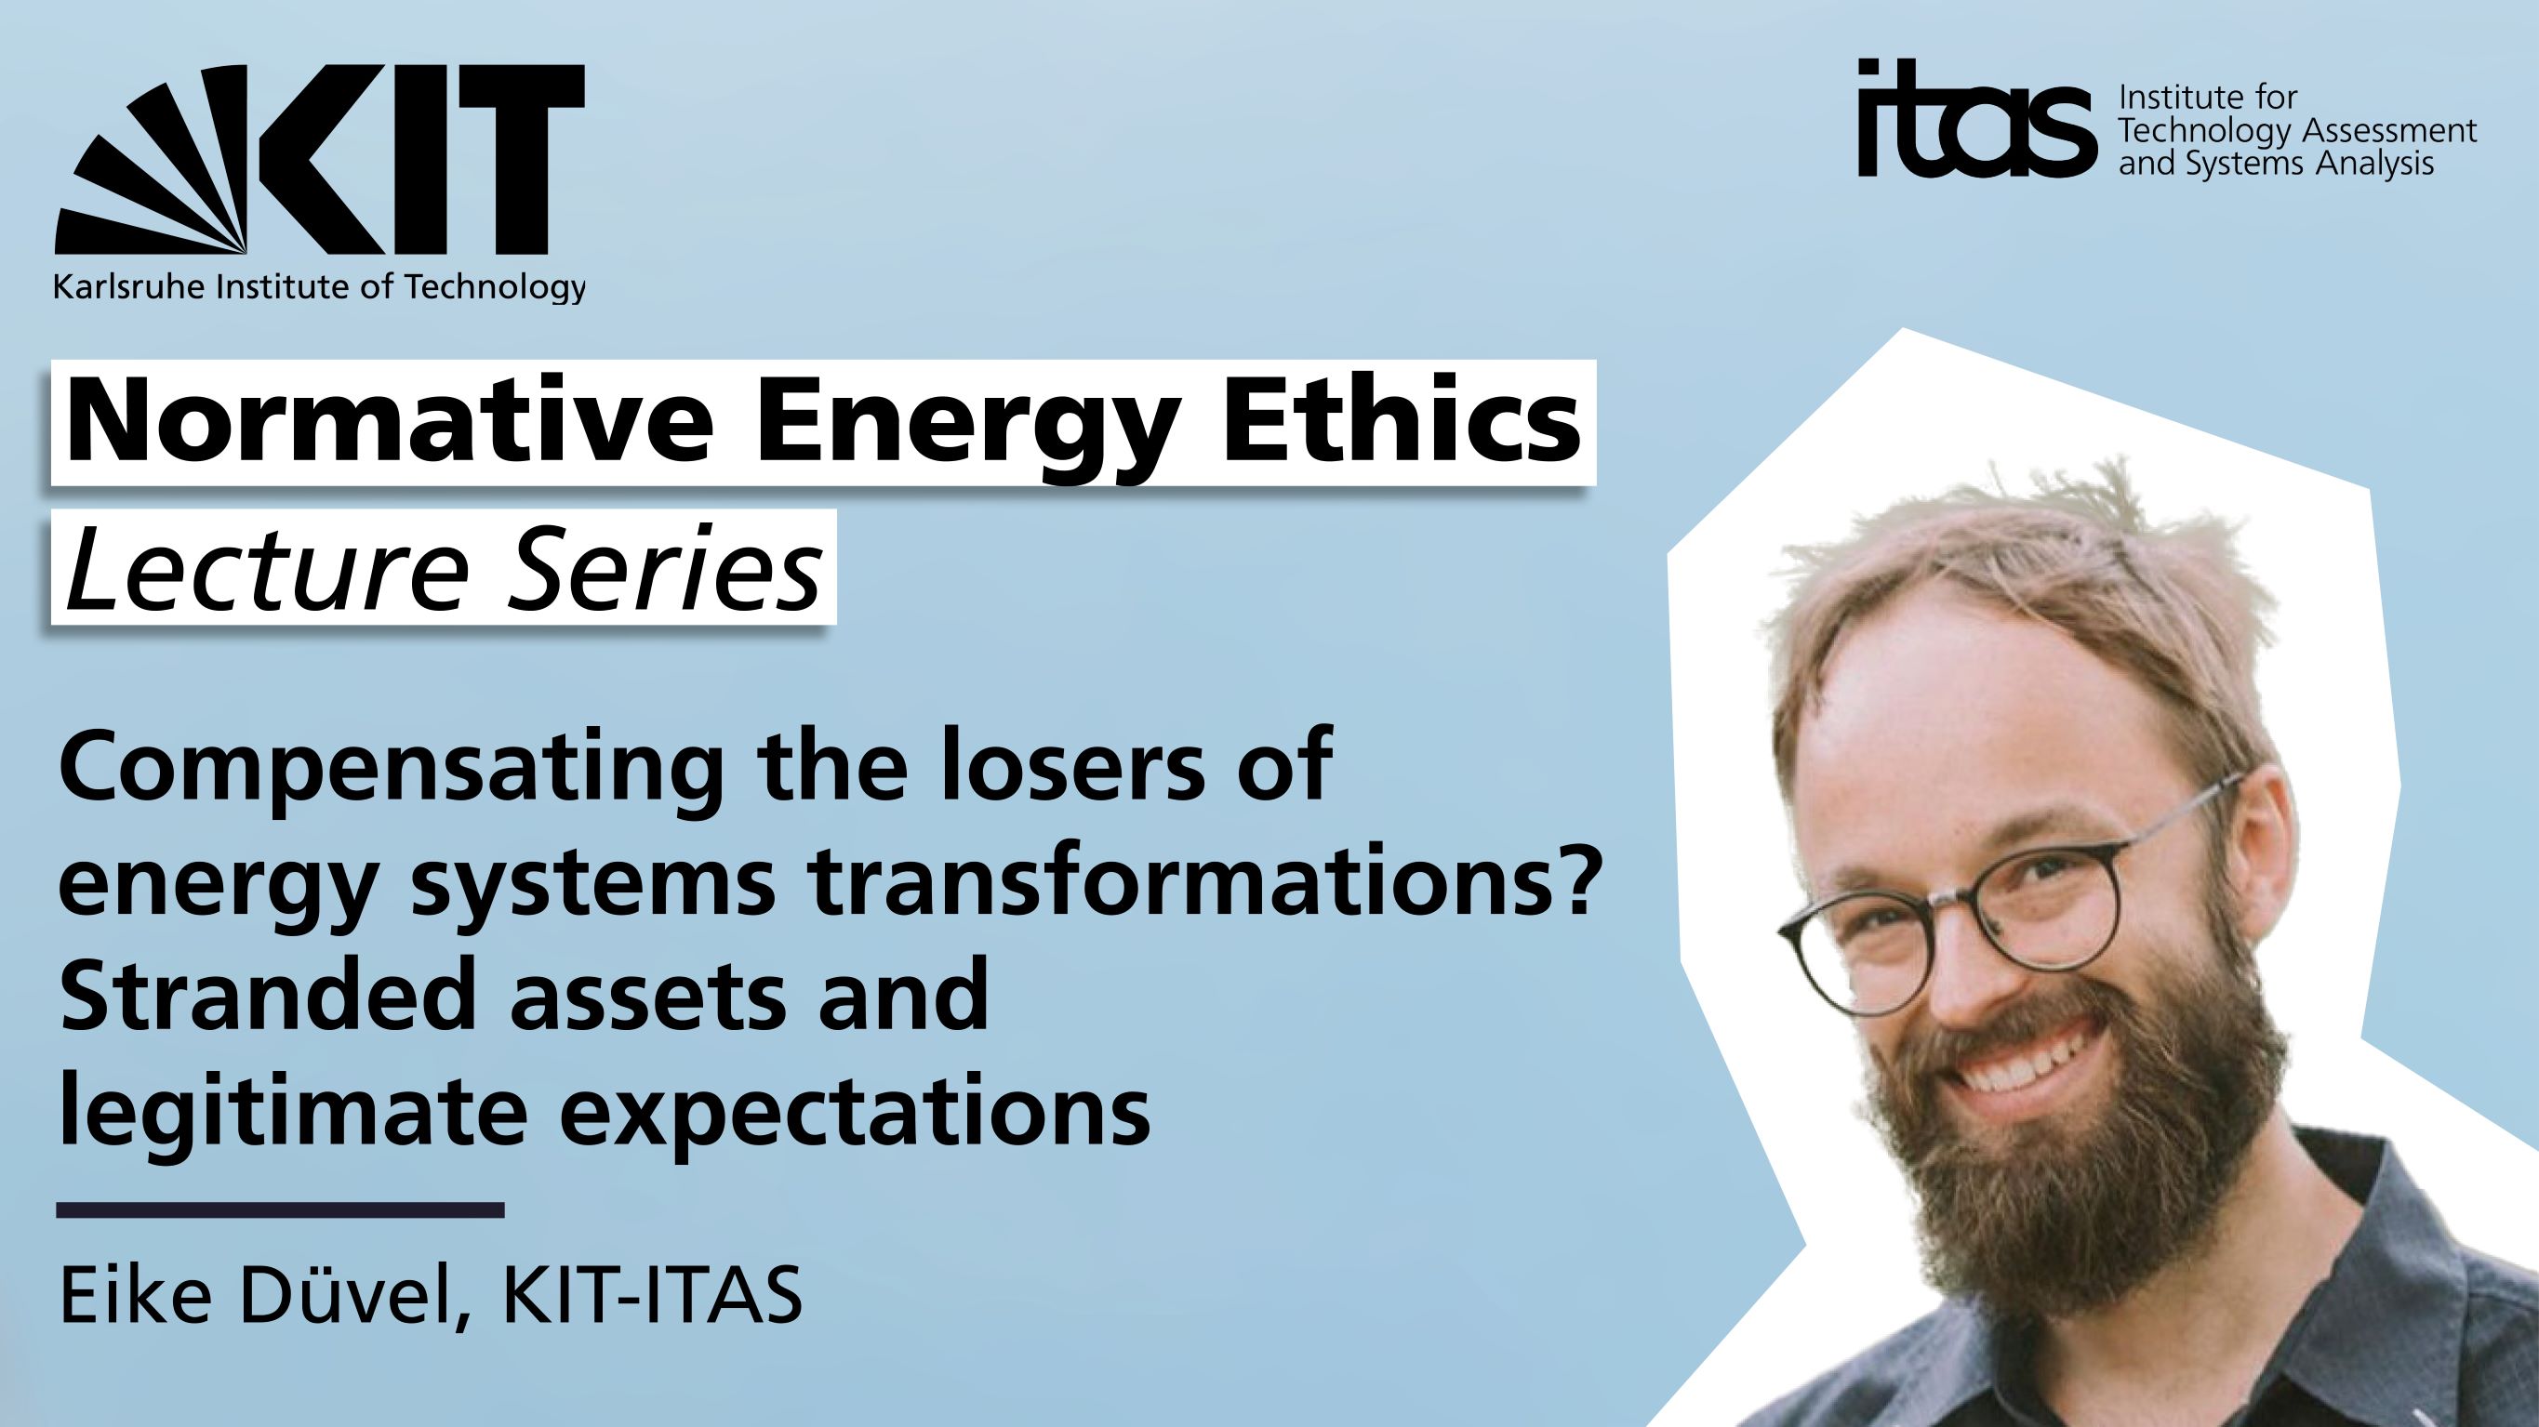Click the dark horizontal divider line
(281, 1209)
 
